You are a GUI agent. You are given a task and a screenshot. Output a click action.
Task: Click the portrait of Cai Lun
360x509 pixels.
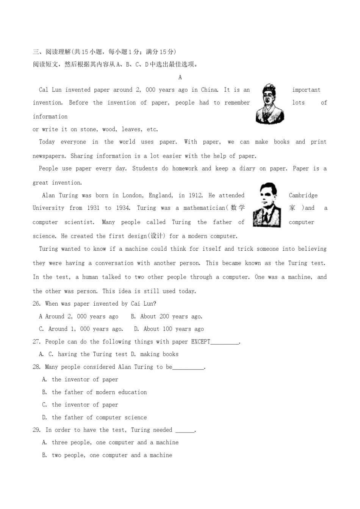coord(270,104)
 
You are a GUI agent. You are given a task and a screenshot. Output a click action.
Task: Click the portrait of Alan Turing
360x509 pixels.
coord(267,205)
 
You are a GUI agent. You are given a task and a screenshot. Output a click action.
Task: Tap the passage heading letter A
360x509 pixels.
coord(180,77)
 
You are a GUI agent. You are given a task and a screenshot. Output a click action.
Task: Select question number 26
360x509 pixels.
coord(36,304)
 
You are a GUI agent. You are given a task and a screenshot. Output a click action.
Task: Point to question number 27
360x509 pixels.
coord(36,342)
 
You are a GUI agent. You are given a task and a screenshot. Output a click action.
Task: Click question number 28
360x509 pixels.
coord(36,367)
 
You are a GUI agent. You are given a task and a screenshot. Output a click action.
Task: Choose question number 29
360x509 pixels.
coord(36,430)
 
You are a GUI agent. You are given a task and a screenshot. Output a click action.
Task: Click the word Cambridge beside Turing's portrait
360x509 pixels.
coord(303,195)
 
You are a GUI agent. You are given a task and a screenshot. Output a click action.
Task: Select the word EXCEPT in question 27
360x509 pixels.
coord(200,342)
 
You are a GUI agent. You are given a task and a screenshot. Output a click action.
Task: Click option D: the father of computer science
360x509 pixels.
coord(99,417)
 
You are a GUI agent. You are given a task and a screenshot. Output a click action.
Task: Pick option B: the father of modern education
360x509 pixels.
coord(99,392)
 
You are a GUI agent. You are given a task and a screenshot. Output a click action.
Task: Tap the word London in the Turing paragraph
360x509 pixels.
coord(133,195)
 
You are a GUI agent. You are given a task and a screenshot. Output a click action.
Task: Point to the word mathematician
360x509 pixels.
coord(204,208)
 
